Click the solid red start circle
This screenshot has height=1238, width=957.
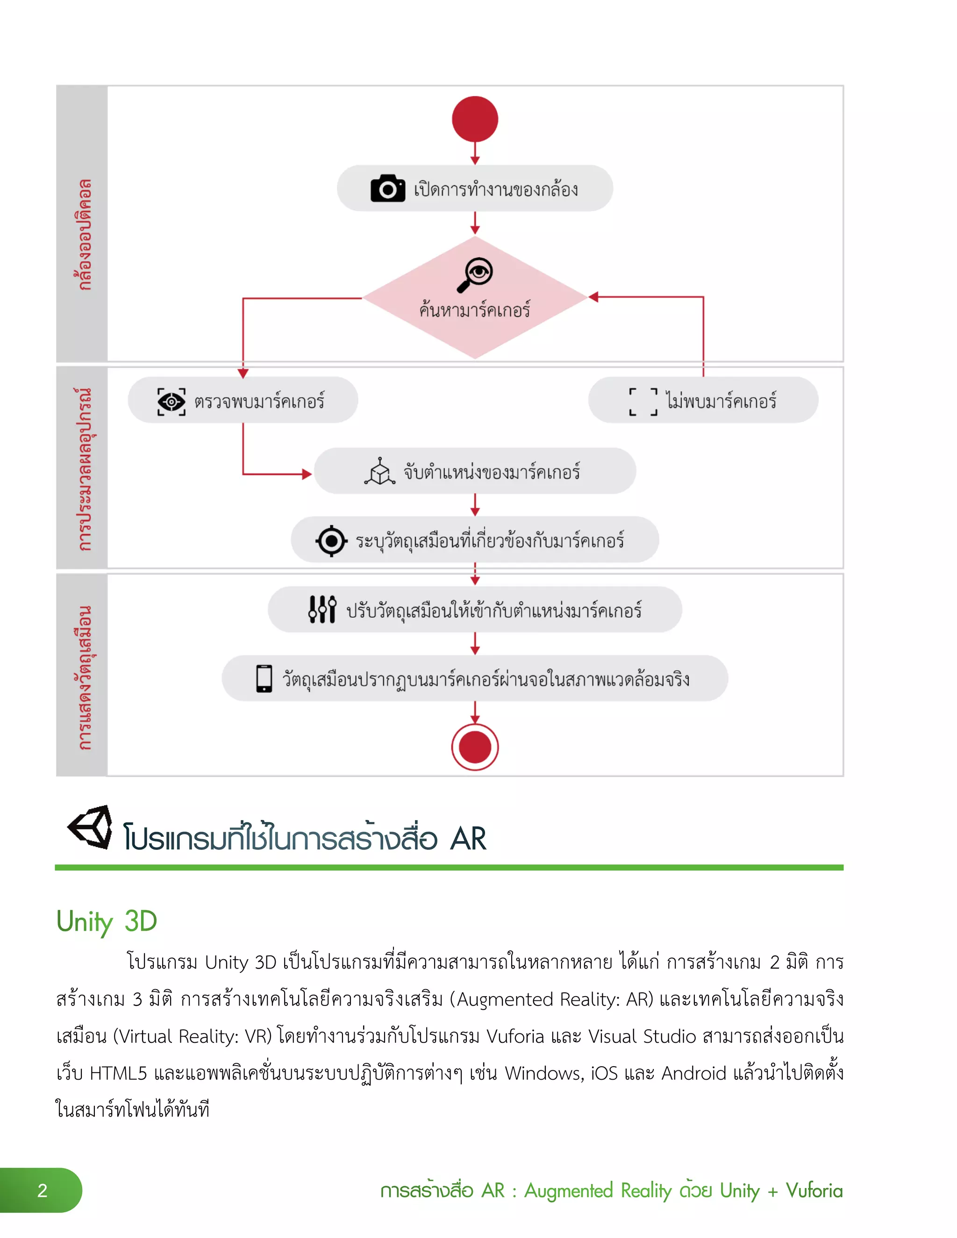pyautogui.click(x=475, y=119)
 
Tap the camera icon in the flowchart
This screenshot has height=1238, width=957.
pyautogui.click(x=387, y=188)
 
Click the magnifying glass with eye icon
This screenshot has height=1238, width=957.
pyautogui.click(x=475, y=274)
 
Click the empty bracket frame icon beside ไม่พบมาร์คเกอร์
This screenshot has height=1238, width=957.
pyautogui.click(x=643, y=402)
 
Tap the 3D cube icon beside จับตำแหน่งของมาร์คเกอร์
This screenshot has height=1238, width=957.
pyautogui.click(x=379, y=472)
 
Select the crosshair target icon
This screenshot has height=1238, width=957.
pyautogui.click(x=331, y=541)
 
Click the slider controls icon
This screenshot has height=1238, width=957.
pyautogui.click(x=322, y=610)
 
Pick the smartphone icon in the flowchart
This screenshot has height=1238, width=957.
pyautogui.click(x=264, y=679)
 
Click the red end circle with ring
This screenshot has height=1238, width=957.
pyautogui.click(x=475, y=747)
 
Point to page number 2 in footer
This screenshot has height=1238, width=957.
pyautogui.click(x=42, y=1190)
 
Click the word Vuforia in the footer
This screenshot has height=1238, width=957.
pyautogui.click(x=814, y=1190)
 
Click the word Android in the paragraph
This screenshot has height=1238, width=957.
pyautogui.click(x=694, y=1073)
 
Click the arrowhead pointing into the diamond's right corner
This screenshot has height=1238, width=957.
pyautogui.click(x=593, y=297)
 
